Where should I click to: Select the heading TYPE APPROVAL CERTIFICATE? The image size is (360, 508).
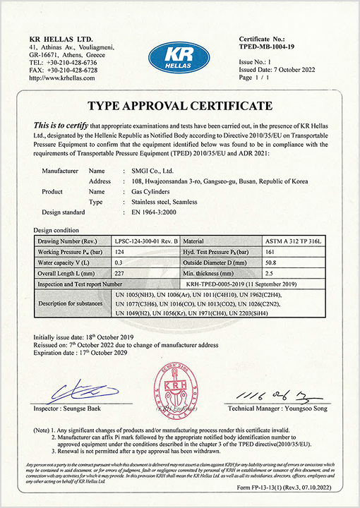tap(179, 106)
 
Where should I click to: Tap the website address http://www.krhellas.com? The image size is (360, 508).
tap(62, 78)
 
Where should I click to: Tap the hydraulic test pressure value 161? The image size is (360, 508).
tap(268, 253)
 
